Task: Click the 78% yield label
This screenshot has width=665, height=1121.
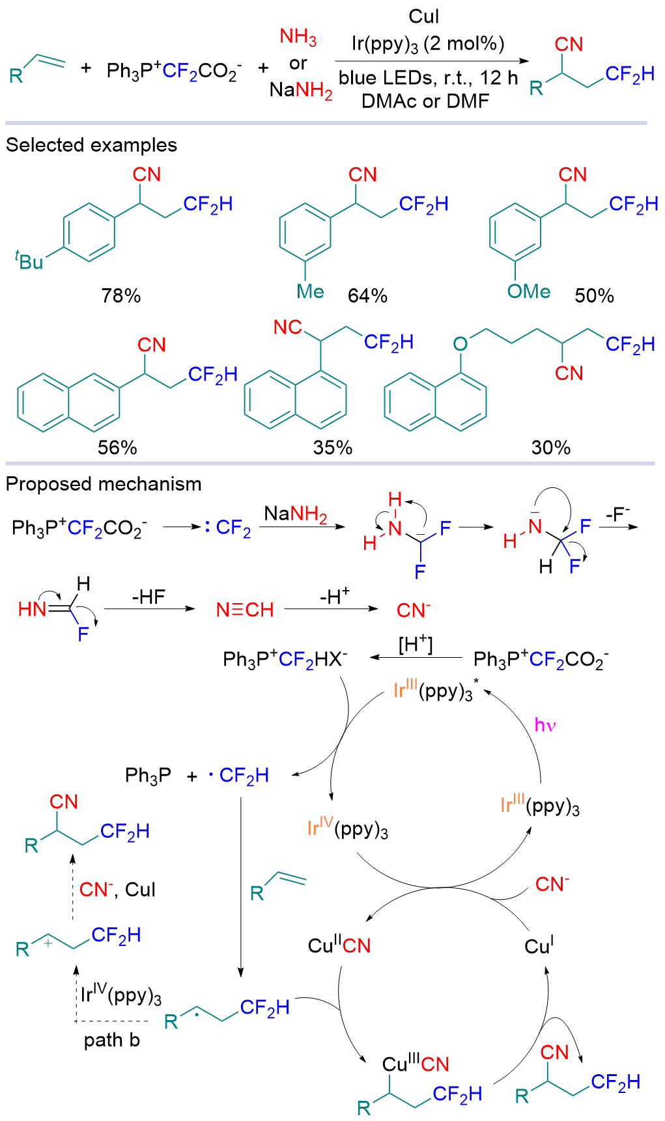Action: [x=121, y=296]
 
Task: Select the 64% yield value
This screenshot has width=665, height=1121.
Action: [x=367, y=296]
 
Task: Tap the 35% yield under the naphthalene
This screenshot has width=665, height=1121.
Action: [x=333, y=448]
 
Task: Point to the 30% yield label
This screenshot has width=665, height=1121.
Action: [x=551, y=448]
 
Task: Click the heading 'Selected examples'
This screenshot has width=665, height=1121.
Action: [x=92, y=145]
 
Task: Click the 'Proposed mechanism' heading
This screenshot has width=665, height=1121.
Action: [x=104, y=484]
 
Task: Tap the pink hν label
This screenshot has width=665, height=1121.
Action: [x=545, y=725]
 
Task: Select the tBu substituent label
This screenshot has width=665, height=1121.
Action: [x=29, y=261]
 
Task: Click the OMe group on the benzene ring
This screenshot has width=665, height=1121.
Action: [x=529, y=291]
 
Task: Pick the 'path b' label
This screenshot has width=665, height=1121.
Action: [x=112, y=1040]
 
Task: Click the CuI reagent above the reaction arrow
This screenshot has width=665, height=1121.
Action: [x=424, y=16]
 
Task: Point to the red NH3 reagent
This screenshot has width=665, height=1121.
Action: [x=298, y=37]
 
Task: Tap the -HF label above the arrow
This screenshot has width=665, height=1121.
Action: [x=149, y=597]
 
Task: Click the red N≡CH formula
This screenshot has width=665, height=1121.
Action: [x=245, y=610]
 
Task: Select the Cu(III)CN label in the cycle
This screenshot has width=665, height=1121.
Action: [x=416, y=1064]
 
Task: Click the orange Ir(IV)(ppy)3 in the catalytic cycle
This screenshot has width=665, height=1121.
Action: [x=348, y=829]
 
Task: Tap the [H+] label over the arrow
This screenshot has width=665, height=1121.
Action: [x=416, y=644]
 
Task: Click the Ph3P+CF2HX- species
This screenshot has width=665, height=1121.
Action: [x=285, y=660]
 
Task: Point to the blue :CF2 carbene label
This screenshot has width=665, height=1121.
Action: [x=228, y=527]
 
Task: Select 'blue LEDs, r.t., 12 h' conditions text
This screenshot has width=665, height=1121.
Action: [x=429, y=78]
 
